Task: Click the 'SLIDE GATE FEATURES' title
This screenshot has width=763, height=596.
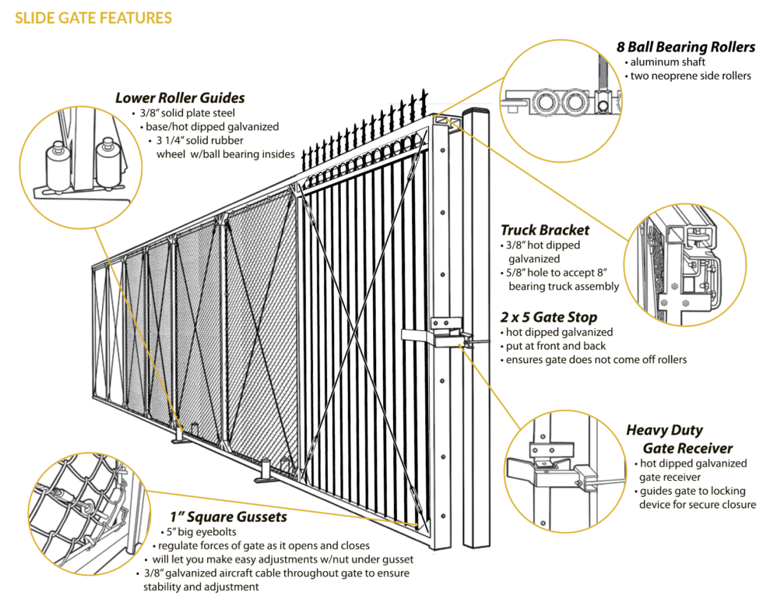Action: tap(93, 17)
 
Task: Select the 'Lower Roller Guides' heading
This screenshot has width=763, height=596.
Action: tap(180, 98)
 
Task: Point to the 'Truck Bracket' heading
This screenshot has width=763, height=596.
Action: tap(544, 230)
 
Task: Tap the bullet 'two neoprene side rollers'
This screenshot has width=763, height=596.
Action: tap(690, 76)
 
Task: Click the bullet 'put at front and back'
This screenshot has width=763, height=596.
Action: tap(556, 346)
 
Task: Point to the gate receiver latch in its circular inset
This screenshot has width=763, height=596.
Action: tap(537, 467)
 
